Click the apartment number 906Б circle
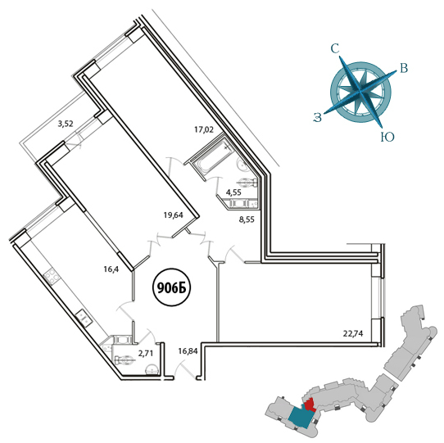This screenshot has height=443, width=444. [x=171, y=288]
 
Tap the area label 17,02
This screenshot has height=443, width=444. [x=204, y=130]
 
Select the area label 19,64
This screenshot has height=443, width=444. [x=174, y=215]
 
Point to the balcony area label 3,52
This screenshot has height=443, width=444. [x=66, y=124]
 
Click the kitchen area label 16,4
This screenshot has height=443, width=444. [x=111, y=269]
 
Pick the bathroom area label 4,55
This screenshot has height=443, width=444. [x=233, y=192]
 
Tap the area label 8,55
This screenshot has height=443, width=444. [x=247, y=219]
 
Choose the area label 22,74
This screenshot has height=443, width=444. [x=353, y=334]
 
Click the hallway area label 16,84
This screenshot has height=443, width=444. [x=188, y=351]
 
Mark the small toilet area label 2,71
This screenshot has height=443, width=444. [x=145, y=353]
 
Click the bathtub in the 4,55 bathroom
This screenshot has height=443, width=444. [x=212, y=156]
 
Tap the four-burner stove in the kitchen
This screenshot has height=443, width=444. [x=51, y=275]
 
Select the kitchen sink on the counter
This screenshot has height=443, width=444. [x=84, y=317]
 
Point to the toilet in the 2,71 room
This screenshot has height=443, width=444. [x=124, y=360]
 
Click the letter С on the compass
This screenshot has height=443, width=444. [x=335, y=49]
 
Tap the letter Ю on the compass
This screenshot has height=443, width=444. [x=387, y=138]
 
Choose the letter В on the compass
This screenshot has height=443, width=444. [x=404, y=68]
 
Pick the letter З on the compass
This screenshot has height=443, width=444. [x=318, y=117]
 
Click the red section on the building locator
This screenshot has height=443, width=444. [x=310, y=405]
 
